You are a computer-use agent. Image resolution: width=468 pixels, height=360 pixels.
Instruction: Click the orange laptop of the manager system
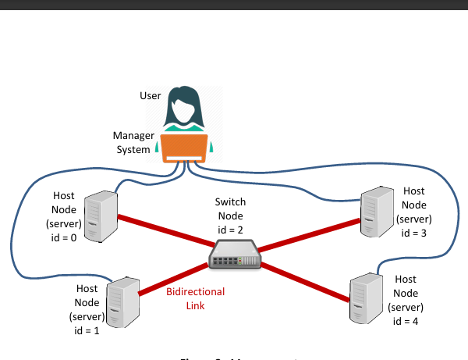point(185,148)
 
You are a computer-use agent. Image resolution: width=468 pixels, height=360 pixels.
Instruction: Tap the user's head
point(185,104)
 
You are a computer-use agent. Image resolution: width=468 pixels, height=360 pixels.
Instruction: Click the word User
point(150,96)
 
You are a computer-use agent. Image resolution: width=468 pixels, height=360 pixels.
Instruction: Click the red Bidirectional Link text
point(196,298)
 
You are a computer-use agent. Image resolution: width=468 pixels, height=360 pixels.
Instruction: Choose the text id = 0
point(63,238)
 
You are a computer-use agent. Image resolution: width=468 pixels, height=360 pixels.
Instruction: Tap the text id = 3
point(414,232)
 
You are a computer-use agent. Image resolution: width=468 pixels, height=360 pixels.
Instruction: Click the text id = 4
point(406,321)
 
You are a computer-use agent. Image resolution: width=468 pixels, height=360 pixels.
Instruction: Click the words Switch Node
point(230,209)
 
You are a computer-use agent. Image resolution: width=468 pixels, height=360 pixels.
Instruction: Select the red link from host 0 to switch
point(164,232)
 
